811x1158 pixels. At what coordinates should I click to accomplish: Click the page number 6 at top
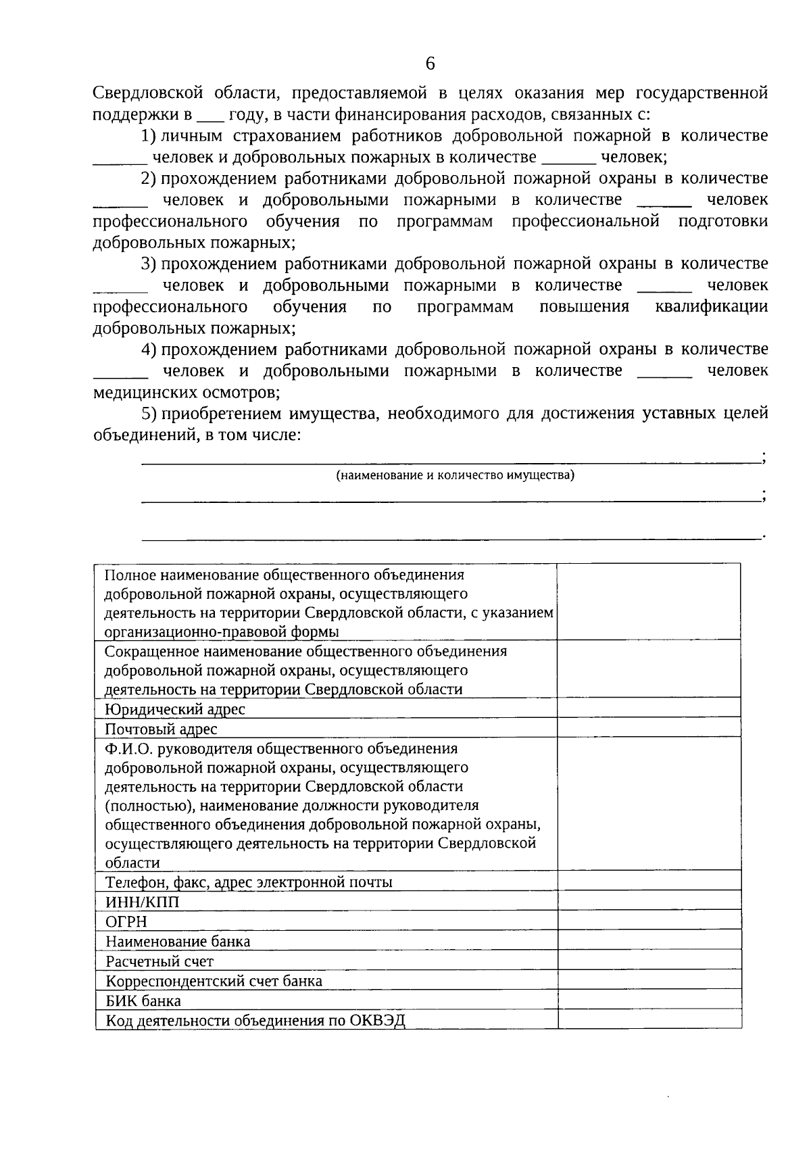tap(431, 64)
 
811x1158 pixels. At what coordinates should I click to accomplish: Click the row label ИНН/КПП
tap(143, 902)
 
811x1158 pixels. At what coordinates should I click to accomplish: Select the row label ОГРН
tap(126, 921)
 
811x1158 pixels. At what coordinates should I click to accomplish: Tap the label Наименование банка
tap(178, 941)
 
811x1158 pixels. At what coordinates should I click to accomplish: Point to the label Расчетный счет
tap(159, 961)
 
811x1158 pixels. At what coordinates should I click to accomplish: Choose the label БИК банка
tap(143, 1000)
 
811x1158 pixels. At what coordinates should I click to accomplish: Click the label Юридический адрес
tap(175, 709)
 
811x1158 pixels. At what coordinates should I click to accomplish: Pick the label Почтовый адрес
tap(162, 729)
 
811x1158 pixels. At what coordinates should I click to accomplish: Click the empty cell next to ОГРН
tap(649, 921)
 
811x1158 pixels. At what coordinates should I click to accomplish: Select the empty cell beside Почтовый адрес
tap(649, 728)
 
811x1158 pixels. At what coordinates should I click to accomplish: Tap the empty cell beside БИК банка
tap(649, 1000)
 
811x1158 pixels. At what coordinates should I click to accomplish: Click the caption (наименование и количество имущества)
tap(456, 475)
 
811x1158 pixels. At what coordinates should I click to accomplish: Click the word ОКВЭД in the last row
tap(378, 1020)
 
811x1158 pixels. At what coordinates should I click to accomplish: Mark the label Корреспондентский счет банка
tap(214, 981)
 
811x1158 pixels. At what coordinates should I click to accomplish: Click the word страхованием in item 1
tap(287, 136)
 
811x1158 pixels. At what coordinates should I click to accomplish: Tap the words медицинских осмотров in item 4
tap(187, 392)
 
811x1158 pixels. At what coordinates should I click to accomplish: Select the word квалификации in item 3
tap(711, 307)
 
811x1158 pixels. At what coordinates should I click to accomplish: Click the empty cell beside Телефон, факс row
tap(649, 882)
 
